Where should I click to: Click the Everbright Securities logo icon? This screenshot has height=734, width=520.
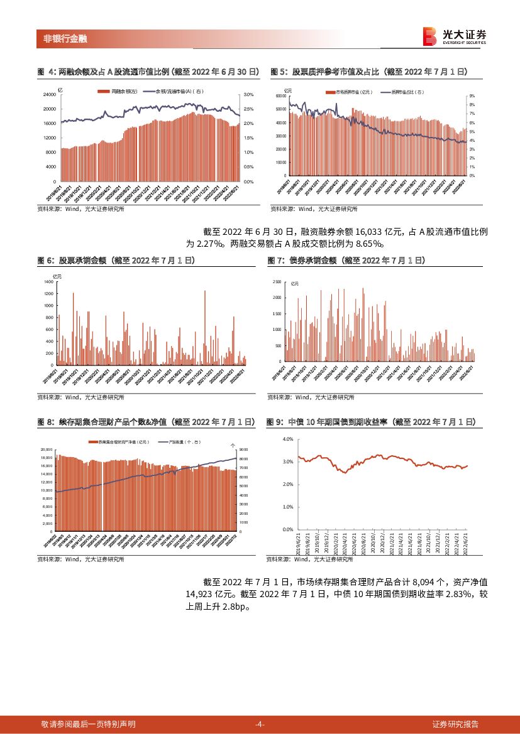[430, 36]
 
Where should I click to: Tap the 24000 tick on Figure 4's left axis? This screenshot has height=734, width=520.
[48, 94]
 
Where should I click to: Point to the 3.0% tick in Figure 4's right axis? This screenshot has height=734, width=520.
[248, 94]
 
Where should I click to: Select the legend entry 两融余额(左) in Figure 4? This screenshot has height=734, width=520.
[120, 92]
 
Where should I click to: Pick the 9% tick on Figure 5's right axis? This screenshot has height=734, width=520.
[472, 97]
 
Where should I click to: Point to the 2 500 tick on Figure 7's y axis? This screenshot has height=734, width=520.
[277, 281]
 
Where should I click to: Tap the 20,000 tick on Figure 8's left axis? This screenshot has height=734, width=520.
[47, 450]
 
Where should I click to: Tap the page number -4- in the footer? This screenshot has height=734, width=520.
[260, 724]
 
